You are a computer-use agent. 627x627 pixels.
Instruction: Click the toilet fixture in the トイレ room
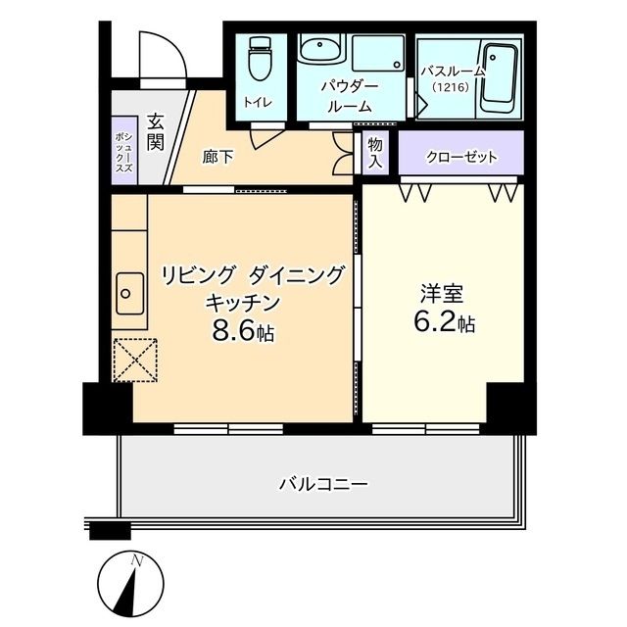pyautogui.click(x=260, y=61)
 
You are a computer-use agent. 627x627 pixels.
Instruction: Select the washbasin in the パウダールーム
pyautogui.click(x=318, y=52)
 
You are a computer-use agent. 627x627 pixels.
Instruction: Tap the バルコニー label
pyautogui.click(x=322, y=484)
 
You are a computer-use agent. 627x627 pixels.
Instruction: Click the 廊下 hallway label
pyautogui.click(x=217, y=157)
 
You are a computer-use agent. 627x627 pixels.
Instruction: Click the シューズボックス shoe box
pyautogui.click(x=123, y=153)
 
